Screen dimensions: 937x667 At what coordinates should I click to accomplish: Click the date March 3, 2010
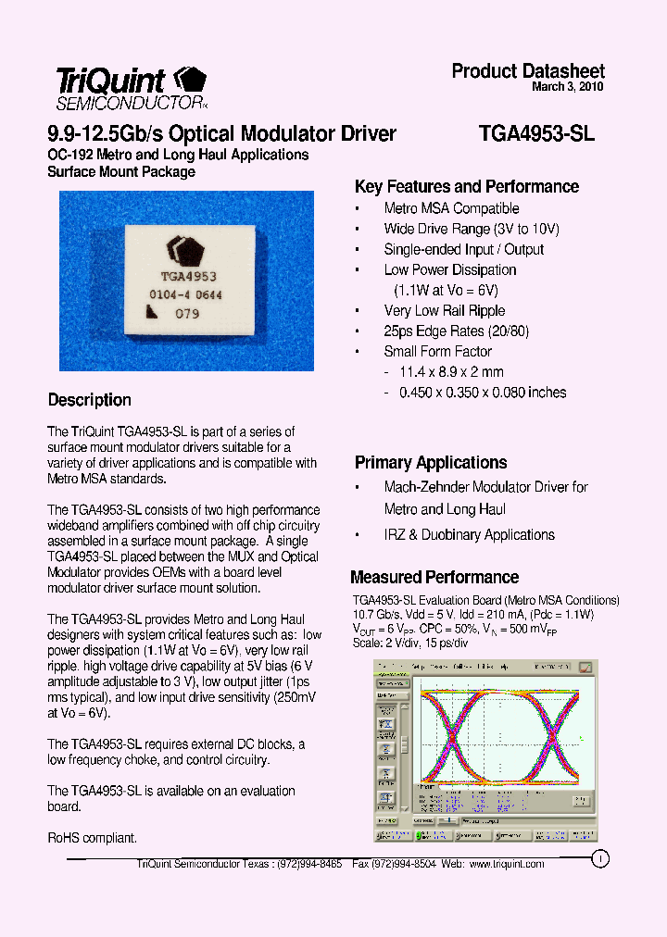568,87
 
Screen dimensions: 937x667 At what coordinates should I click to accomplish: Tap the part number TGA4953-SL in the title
536,133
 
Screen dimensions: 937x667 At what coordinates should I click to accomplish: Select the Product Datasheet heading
528,71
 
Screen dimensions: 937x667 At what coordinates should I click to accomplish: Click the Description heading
89,400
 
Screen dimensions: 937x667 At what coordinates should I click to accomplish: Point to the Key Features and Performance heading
467,186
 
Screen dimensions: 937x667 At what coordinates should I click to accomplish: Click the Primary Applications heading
431,462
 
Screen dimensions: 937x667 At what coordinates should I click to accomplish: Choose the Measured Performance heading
434,577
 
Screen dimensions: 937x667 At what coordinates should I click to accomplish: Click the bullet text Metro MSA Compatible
451,208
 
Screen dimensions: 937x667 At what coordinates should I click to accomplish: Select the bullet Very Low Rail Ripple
444,310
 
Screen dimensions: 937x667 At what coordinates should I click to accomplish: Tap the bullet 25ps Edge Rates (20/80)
456,331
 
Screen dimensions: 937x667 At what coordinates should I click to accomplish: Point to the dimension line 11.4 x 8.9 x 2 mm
451,371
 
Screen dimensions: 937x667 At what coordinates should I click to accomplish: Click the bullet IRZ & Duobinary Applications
469,534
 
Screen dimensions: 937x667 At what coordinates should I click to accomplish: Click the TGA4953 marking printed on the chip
189,276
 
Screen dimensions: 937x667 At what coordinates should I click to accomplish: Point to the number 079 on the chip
188,314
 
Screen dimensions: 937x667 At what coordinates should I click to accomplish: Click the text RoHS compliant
92,837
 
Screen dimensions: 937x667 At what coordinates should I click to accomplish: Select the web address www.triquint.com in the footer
507,863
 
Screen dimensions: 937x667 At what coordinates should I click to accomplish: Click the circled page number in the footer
599,858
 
